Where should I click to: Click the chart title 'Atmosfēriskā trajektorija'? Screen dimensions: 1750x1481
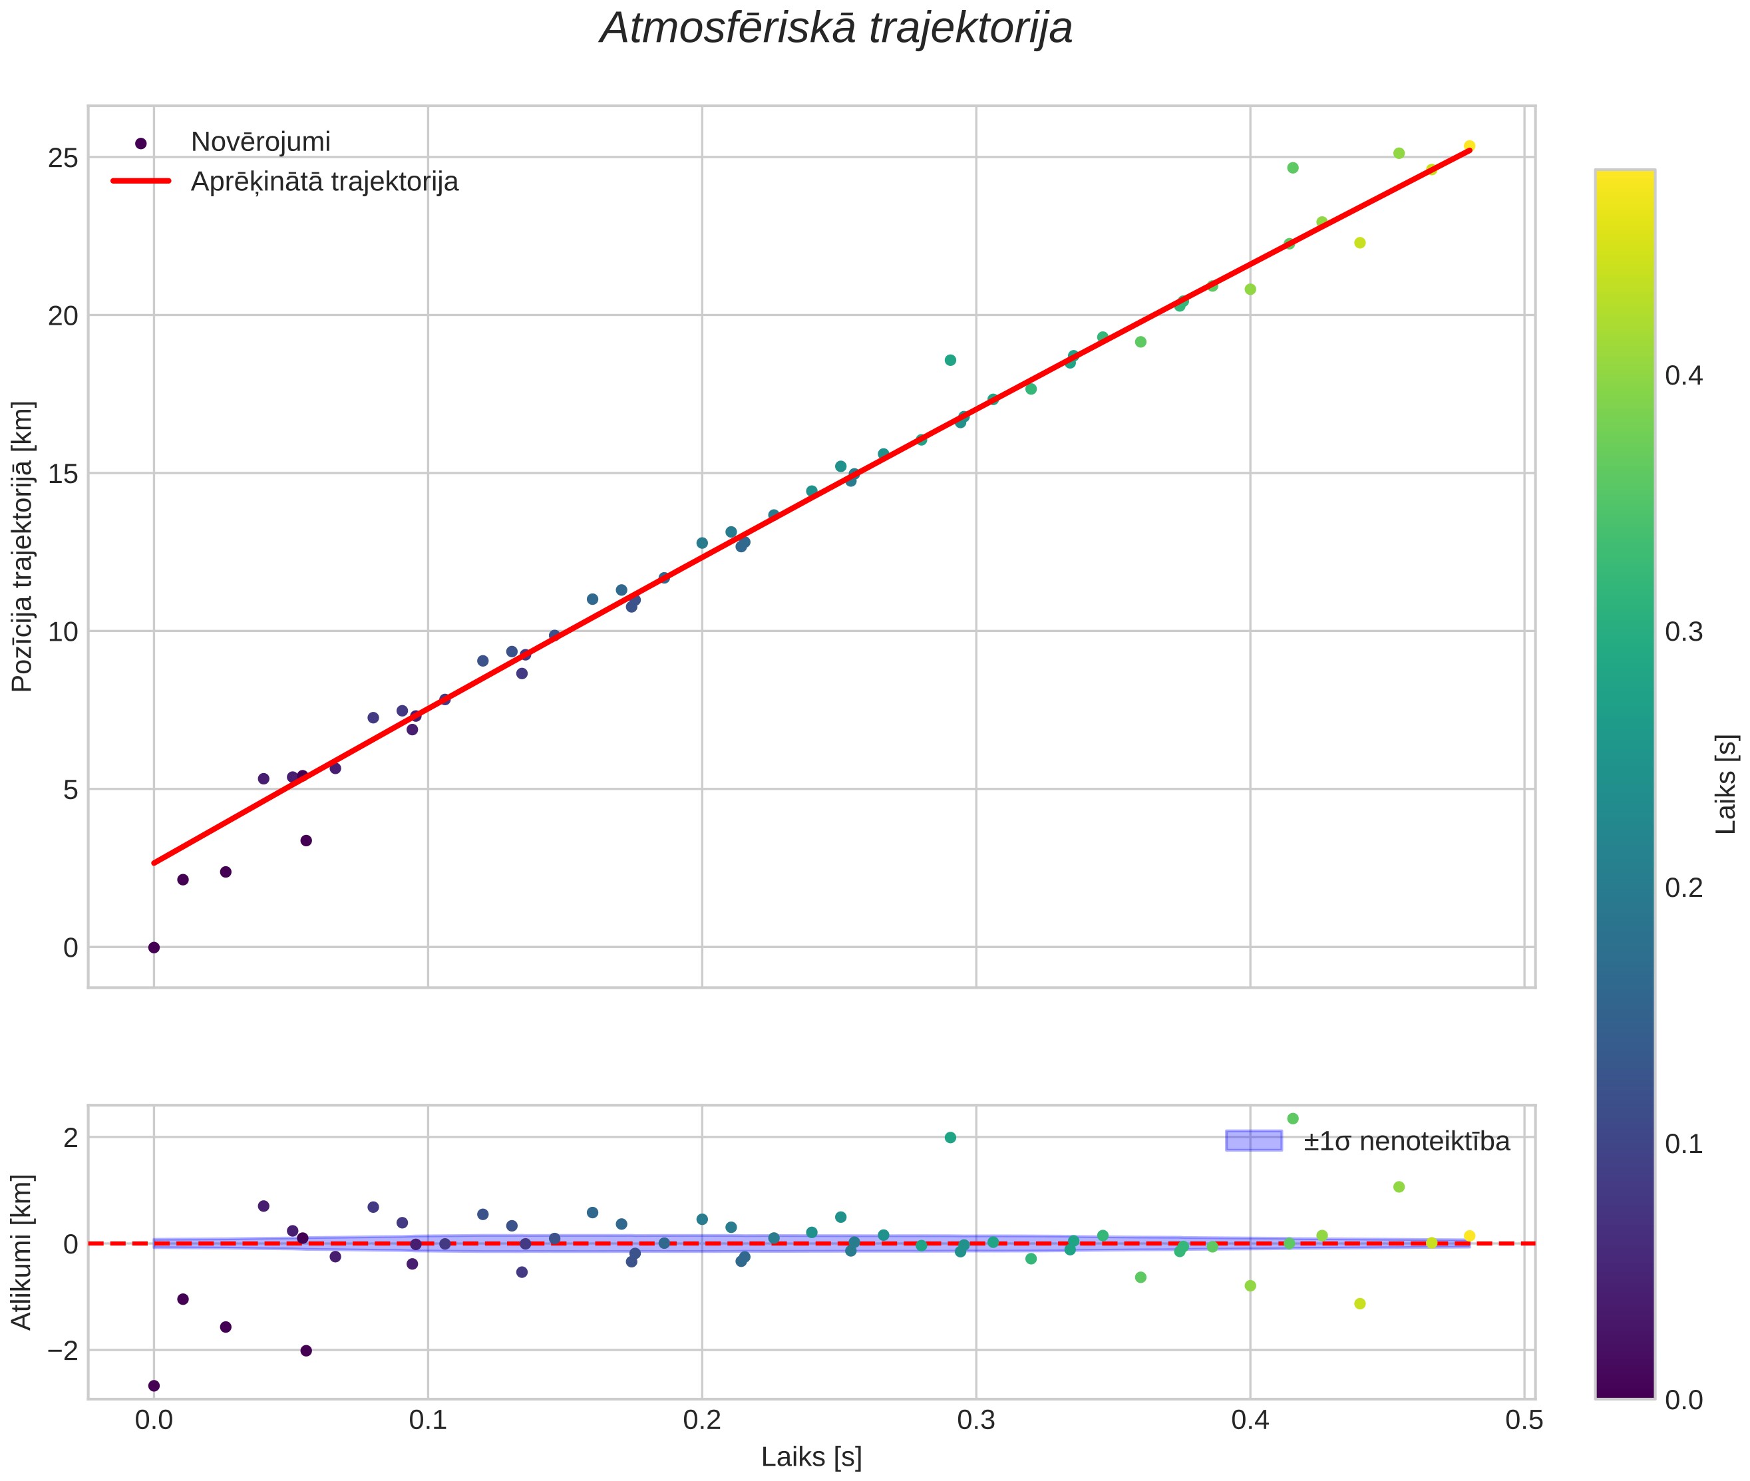(x=836, y=29)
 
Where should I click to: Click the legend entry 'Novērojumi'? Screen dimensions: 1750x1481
(x=260, y=142)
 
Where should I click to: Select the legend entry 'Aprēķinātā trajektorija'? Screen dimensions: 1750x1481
(x=324, y=182)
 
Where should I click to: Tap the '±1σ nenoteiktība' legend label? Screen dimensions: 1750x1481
(x=1407, y=1141)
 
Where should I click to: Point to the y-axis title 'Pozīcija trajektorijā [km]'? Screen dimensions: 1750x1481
(x=23, y=547)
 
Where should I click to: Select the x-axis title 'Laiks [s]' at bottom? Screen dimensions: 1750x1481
(x=811, y=1456)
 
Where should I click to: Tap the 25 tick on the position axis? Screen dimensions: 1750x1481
(x=63, y=158)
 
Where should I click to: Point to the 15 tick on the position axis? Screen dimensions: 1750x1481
(x=63, y=474)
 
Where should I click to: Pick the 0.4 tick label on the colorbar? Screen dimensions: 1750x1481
(x=1683, y=375)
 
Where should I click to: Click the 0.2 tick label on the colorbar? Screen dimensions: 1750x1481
(x=1683, y=888)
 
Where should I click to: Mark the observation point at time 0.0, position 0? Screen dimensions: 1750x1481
(x=154, y=947)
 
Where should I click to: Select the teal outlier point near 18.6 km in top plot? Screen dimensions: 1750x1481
(x=950, y=360)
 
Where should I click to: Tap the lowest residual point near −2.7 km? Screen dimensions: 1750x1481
(x=154, y=1385)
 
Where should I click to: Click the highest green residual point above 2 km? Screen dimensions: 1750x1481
(x=1292, y=1118)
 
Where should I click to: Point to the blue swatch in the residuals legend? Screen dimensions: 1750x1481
(x=1254, y=1140)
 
